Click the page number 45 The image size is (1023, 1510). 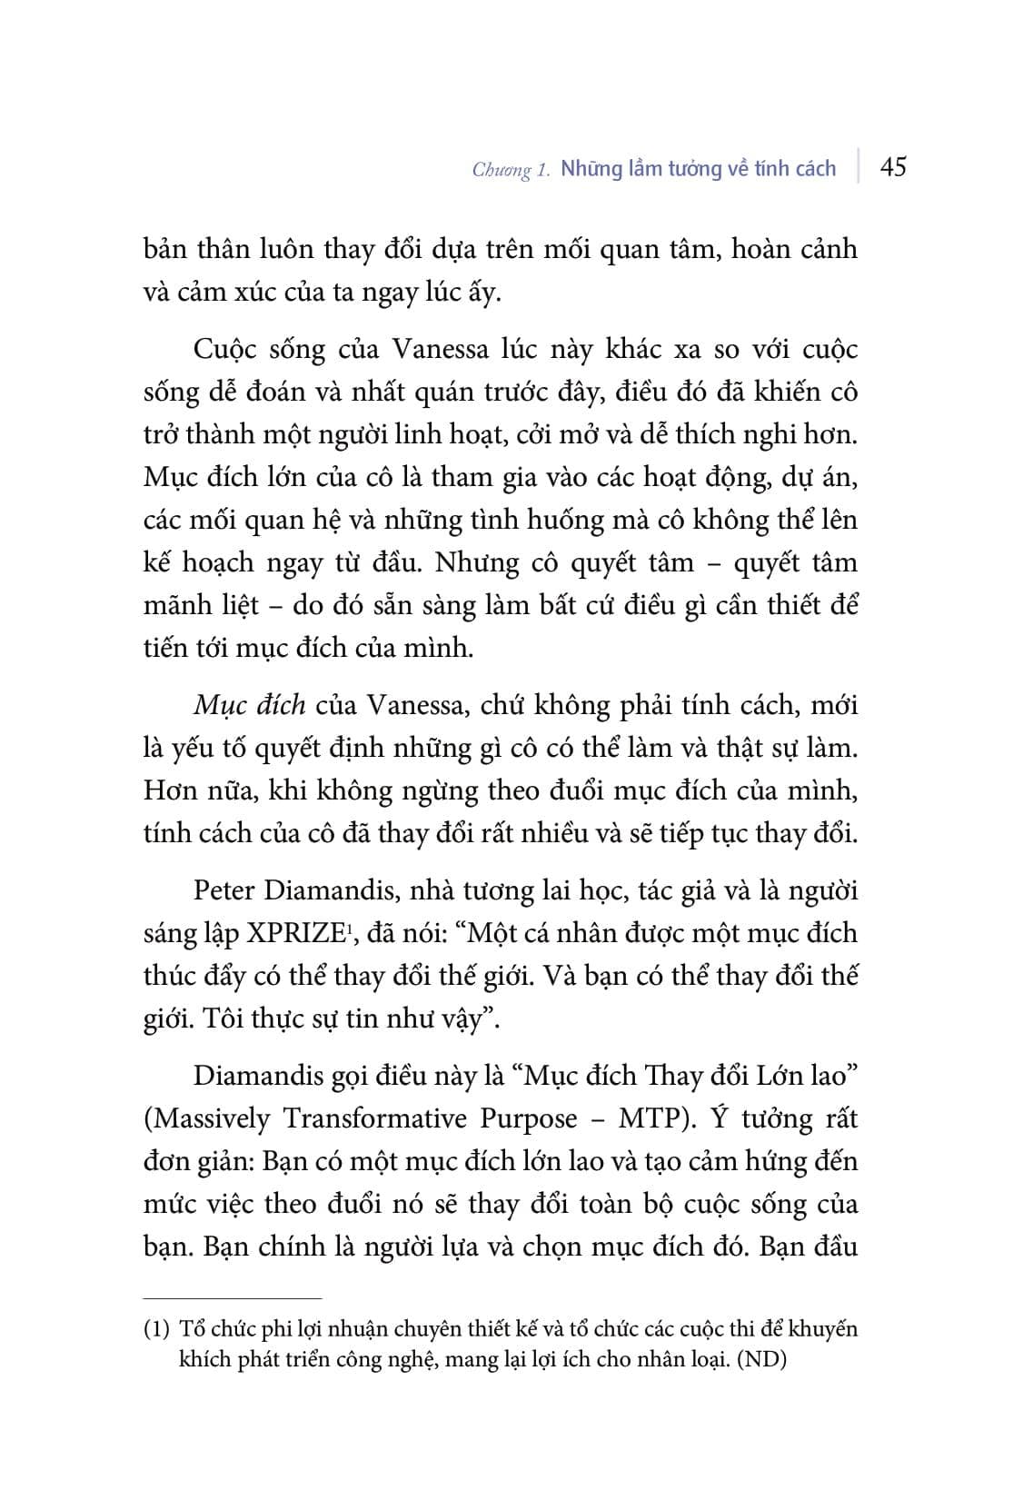(x=893, y=168)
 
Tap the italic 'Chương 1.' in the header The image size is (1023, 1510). (x=511, y=170)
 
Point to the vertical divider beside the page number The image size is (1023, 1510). (x=858, y=167)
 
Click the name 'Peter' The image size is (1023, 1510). (x=223, y=890)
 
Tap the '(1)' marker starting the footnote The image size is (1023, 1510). (x=156, y=1330)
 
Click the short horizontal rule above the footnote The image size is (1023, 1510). (x=233, y=1299)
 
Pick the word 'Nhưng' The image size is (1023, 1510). (x=476, y=563)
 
